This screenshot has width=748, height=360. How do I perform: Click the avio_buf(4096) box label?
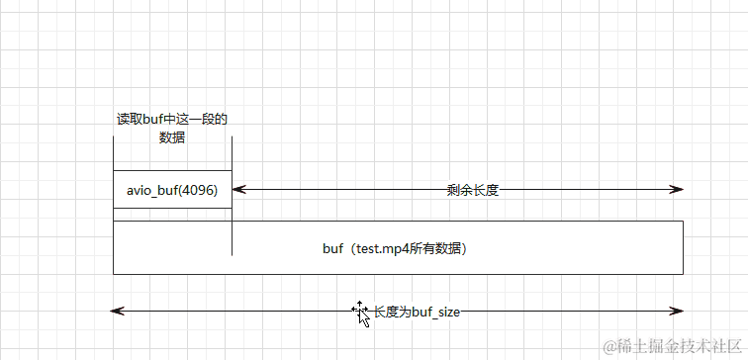click(x=172, y=189)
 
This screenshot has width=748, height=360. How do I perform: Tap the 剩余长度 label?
click(x=472, y=190)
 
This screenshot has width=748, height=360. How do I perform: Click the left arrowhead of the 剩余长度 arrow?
click(x=237, y=189)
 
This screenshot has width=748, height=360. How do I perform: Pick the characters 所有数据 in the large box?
click(x=440, y=248)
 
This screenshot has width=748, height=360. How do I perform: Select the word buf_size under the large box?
click(x=436, y=312)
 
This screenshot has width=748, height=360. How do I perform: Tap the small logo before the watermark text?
click(x=610, y=345)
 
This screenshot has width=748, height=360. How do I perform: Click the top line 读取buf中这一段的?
click(x=172, y=120)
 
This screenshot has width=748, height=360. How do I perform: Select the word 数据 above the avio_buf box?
click(x=172, y=137)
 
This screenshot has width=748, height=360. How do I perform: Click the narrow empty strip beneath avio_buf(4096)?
click(x=172, y=215)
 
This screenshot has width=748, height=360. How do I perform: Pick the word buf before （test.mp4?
click(x=333, y=248)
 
